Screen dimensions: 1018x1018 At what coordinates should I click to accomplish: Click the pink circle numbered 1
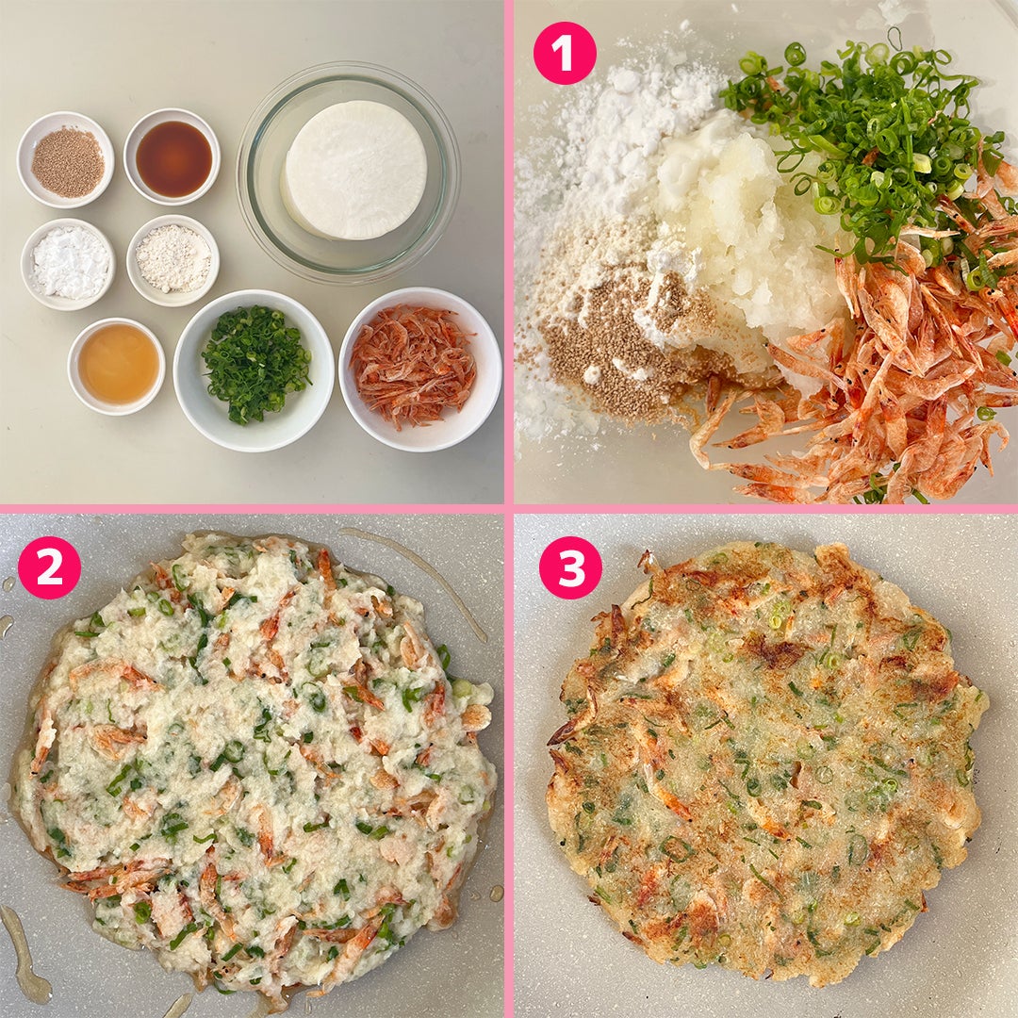tap(565, 53)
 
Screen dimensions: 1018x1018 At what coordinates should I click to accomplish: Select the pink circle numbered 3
tap(570, 566)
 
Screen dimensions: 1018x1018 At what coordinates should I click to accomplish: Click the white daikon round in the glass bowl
tap(354, 170)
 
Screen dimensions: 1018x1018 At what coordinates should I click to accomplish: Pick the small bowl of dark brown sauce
tap(172, 156)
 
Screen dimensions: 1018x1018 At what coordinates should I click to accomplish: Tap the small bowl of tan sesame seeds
tap(66, 159)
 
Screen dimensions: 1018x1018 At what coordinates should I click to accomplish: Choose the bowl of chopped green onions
tap(254, 370)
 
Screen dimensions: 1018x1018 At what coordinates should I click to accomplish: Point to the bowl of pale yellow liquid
tap(116, 366)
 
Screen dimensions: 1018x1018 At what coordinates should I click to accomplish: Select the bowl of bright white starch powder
tap(68, 264)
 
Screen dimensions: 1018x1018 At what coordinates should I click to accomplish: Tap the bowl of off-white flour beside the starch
tap(172, 260)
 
